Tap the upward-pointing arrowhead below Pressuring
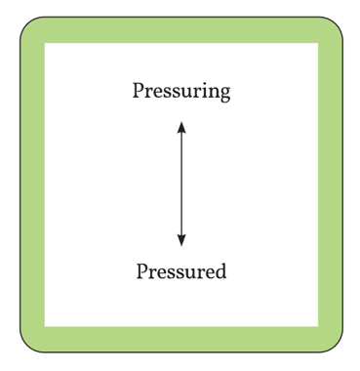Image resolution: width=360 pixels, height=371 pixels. click(180, 124)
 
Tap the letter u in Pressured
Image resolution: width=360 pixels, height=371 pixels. click(187, 271)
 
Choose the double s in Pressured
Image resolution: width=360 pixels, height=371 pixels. click(173, 271)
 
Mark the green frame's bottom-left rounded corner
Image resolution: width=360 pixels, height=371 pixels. click(29, 340)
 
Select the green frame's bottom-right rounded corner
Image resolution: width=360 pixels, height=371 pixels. click(331, 340)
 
